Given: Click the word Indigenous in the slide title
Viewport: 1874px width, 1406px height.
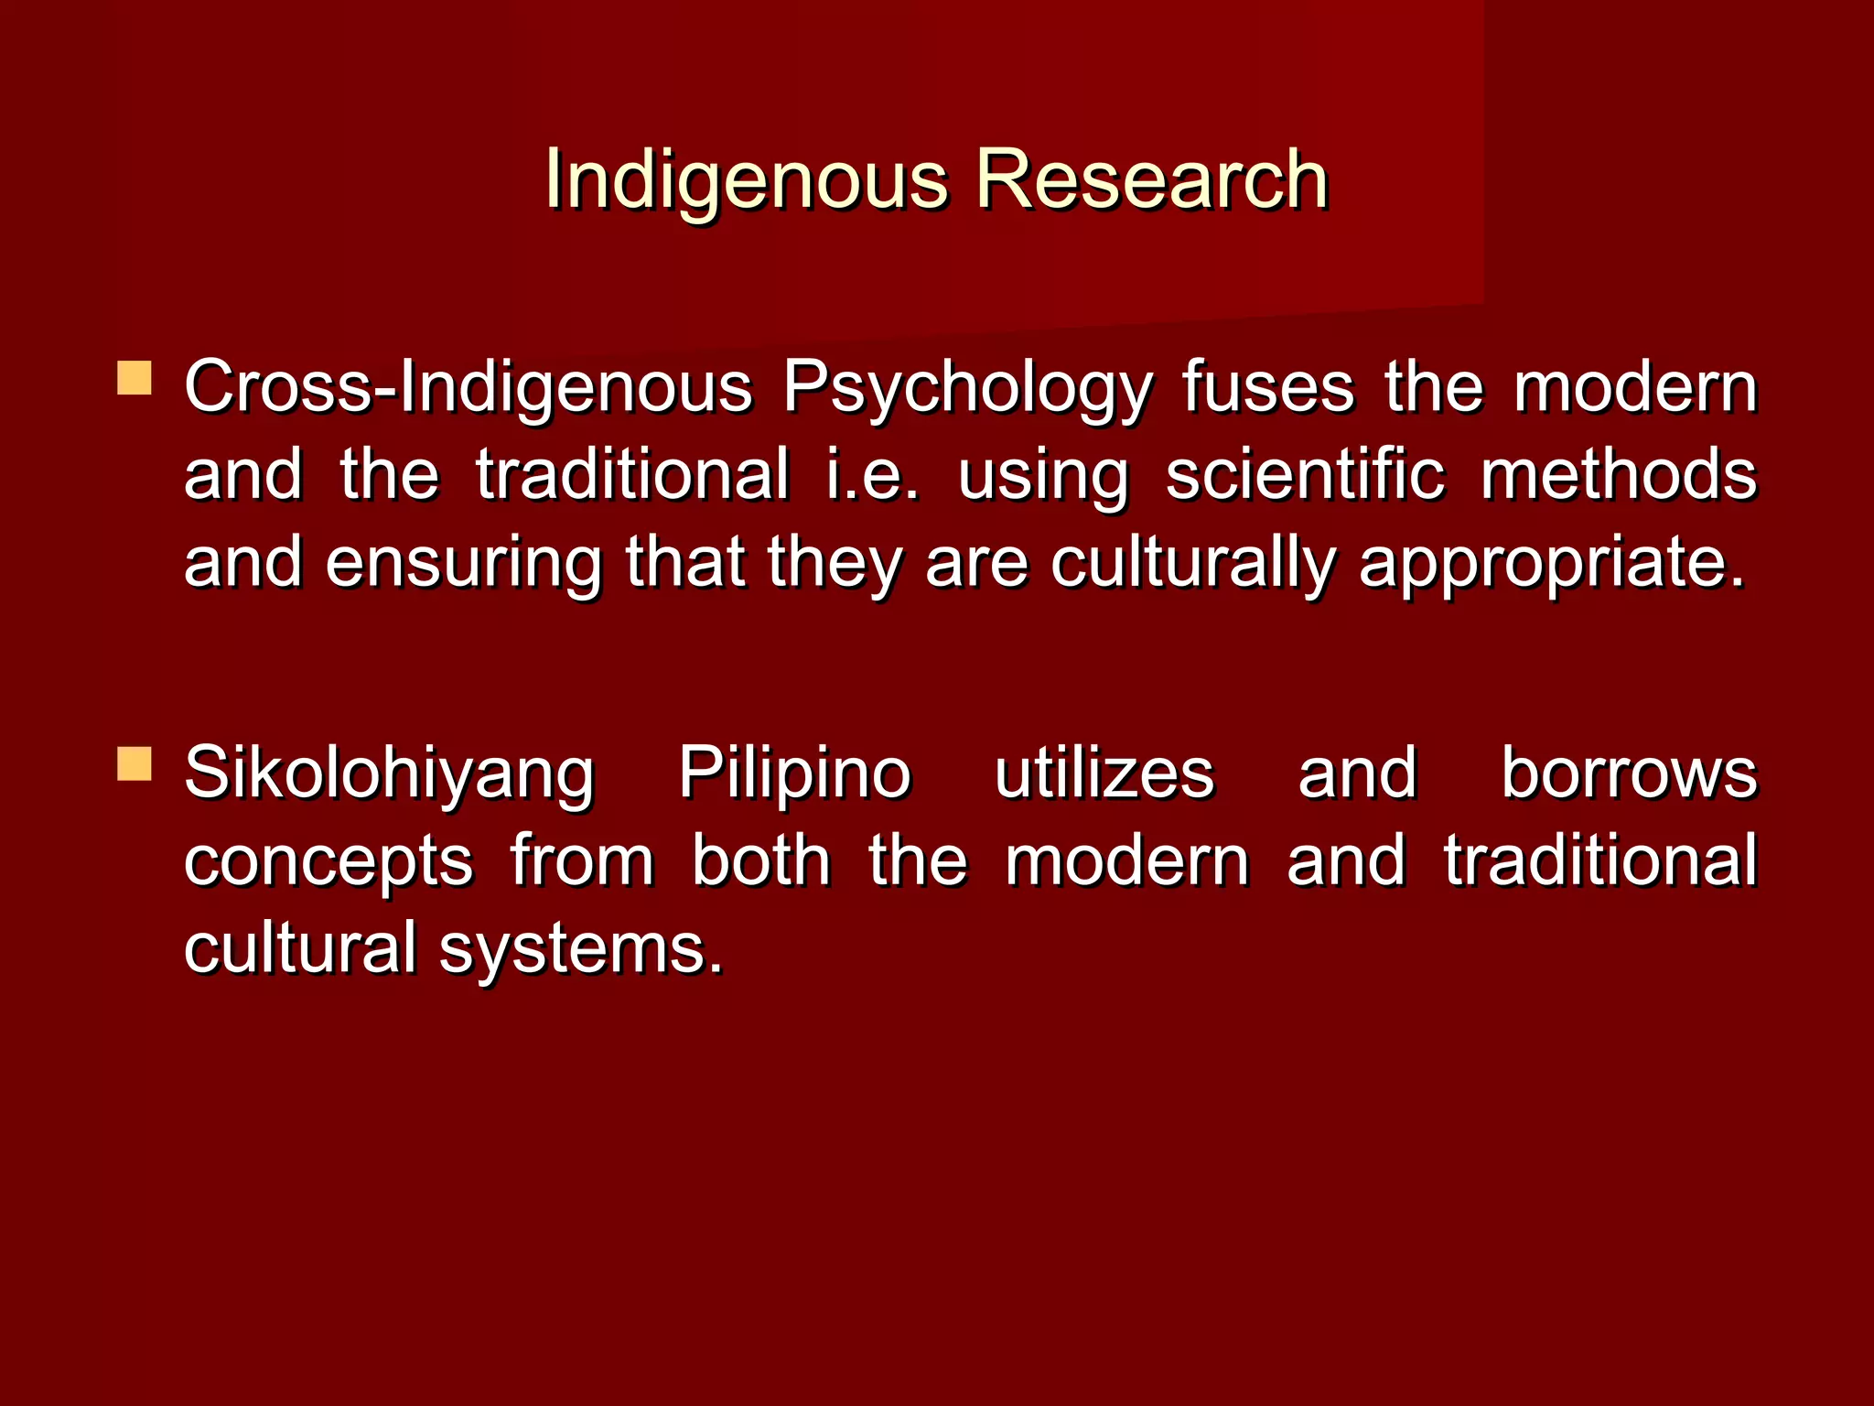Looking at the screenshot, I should [746, 180].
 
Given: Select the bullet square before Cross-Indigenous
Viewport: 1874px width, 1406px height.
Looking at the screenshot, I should [135, 378].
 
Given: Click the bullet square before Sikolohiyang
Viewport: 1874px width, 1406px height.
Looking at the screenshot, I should [135, 763].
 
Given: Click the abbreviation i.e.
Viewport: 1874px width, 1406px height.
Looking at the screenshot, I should [872, 475].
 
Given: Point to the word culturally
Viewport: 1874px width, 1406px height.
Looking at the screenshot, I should [1192, 564].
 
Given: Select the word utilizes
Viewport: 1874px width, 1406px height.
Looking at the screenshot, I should [1104, 773].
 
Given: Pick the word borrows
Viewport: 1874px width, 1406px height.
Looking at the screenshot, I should [1629, 773].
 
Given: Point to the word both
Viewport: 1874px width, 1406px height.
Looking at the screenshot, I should [761, 860].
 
